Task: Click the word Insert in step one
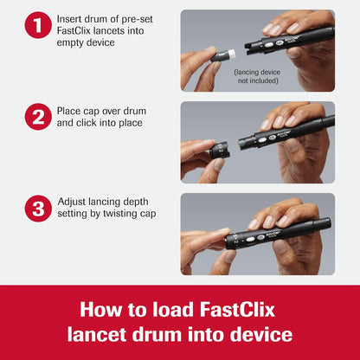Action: pos(71,17)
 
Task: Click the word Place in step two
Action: pos(71,111)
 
